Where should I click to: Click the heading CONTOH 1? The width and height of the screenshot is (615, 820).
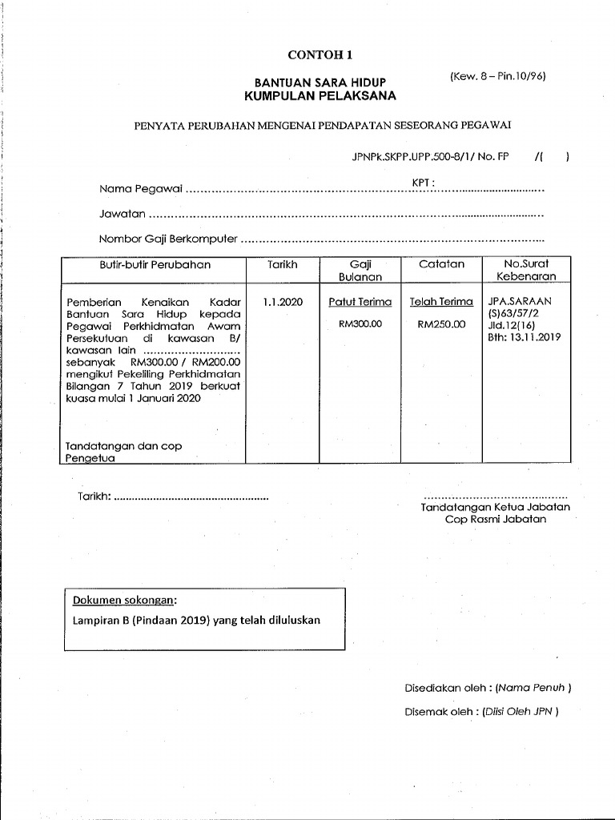coord(320,55)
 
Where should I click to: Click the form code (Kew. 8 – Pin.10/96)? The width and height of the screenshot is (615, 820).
coord(497,77)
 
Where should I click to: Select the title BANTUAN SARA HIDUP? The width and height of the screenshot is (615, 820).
coord(320,82)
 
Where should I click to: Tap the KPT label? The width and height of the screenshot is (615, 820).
coord(423,183)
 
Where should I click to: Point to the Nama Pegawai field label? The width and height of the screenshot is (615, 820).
coord(141,190)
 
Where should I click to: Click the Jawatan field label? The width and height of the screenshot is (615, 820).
coord(123,215)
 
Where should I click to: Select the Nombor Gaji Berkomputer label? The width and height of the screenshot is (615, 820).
coord(168,239)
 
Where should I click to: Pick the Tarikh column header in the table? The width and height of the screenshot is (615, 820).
coord(283,264)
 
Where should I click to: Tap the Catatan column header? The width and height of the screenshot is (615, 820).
coord(441,264)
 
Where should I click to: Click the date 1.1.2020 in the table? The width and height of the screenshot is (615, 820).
coord(283,302)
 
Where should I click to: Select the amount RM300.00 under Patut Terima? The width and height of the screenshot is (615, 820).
coord(360,324)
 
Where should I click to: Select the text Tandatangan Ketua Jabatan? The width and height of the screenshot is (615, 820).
coord(496,507)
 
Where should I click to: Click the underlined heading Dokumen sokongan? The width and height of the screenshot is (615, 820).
coord(125,601)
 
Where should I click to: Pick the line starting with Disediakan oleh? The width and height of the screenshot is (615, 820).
coord(488,687)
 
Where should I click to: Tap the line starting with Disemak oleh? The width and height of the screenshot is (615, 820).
coord(481,710)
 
